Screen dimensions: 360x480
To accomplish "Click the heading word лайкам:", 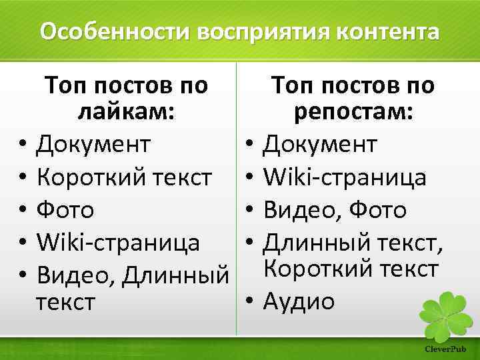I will tap(126, 113).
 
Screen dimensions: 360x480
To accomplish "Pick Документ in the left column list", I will tap(93, 144).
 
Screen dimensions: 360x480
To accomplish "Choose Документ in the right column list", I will tap(321, 144).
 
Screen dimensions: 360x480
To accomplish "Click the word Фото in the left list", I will tap(65, 210).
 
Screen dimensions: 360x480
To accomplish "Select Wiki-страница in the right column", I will tap(345, 177).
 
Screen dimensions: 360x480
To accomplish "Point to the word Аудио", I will tap(299, 302).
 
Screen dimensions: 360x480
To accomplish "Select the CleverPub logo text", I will tap(445, 349).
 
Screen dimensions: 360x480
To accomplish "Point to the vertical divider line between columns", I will tap(236, 200).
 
